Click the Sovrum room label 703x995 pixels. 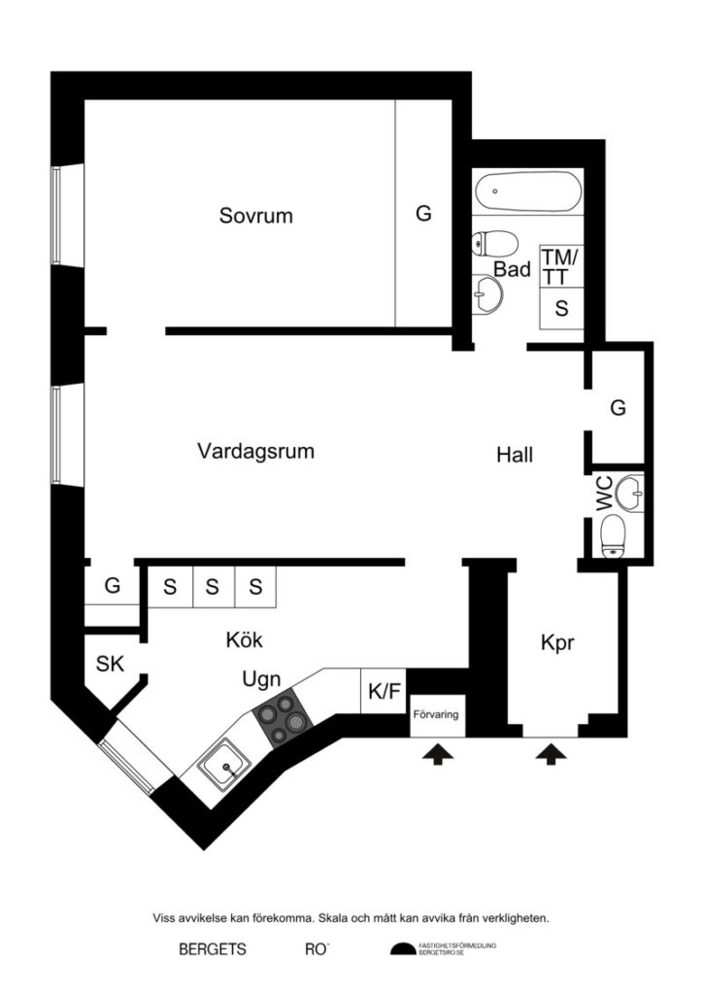tap(255, 216)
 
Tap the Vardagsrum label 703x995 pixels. tap(255, 451)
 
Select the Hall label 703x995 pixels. tap(515, 454)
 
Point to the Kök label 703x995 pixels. tap(244, 640)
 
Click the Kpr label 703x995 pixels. tap(559, 643)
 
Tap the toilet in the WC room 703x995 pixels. tap(613, 535)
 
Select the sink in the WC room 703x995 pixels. tap(631, 493)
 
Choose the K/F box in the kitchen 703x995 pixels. tap(384, 692)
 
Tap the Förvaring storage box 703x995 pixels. tap(435, 716)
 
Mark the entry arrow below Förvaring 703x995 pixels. tap(435, 752)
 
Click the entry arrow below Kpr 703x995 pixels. tap(552, 752)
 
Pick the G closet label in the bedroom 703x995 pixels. tap(423, 214)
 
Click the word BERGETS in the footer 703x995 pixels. tap(212, 949)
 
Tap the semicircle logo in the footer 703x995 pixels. tap(402, 950)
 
